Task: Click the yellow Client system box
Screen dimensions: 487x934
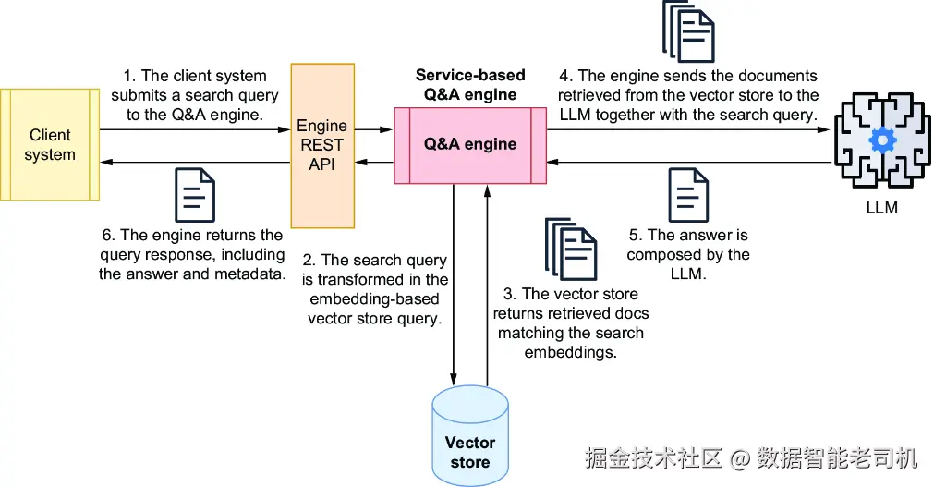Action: point(50,145)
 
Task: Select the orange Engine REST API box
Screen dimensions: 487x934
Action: point(322,145)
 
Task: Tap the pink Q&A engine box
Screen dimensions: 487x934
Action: point(469,144)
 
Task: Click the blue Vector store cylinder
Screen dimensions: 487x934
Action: point(469,439)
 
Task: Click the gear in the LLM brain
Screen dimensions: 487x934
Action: point(882,140)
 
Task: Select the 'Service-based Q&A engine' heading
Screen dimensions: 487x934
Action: point(469,84)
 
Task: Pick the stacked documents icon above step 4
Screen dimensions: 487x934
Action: point(688,33)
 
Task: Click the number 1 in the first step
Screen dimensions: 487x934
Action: point(129,76)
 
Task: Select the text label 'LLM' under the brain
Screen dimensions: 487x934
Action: point(881,207)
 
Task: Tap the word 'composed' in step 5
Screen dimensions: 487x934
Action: point(668,255)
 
